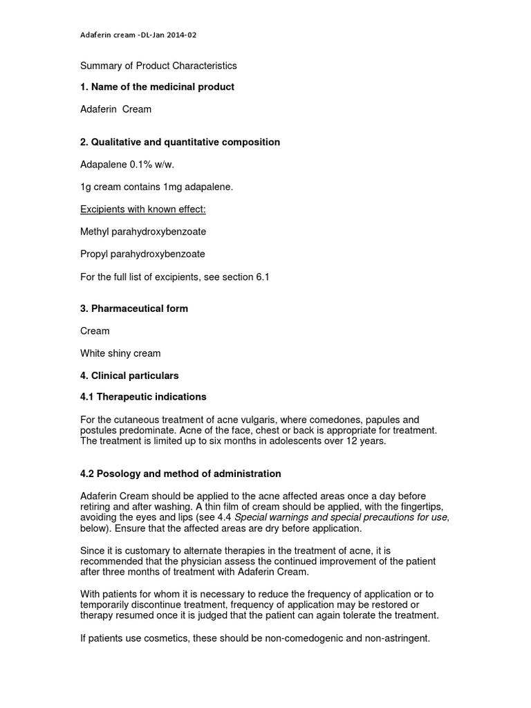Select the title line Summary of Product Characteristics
pos(159,66)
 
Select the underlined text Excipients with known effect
pos(143,209)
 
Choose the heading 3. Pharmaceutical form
pos(134,308)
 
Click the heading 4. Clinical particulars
pos(130,375)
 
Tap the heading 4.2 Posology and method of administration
pos(181,474)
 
